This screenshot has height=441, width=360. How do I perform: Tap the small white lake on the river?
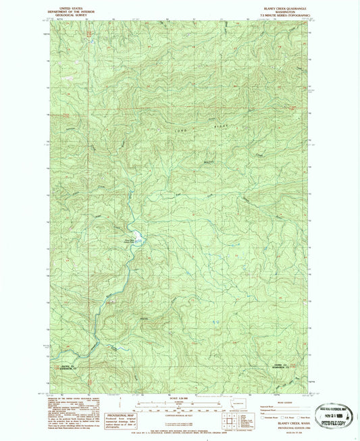click(x=138, y=236)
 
